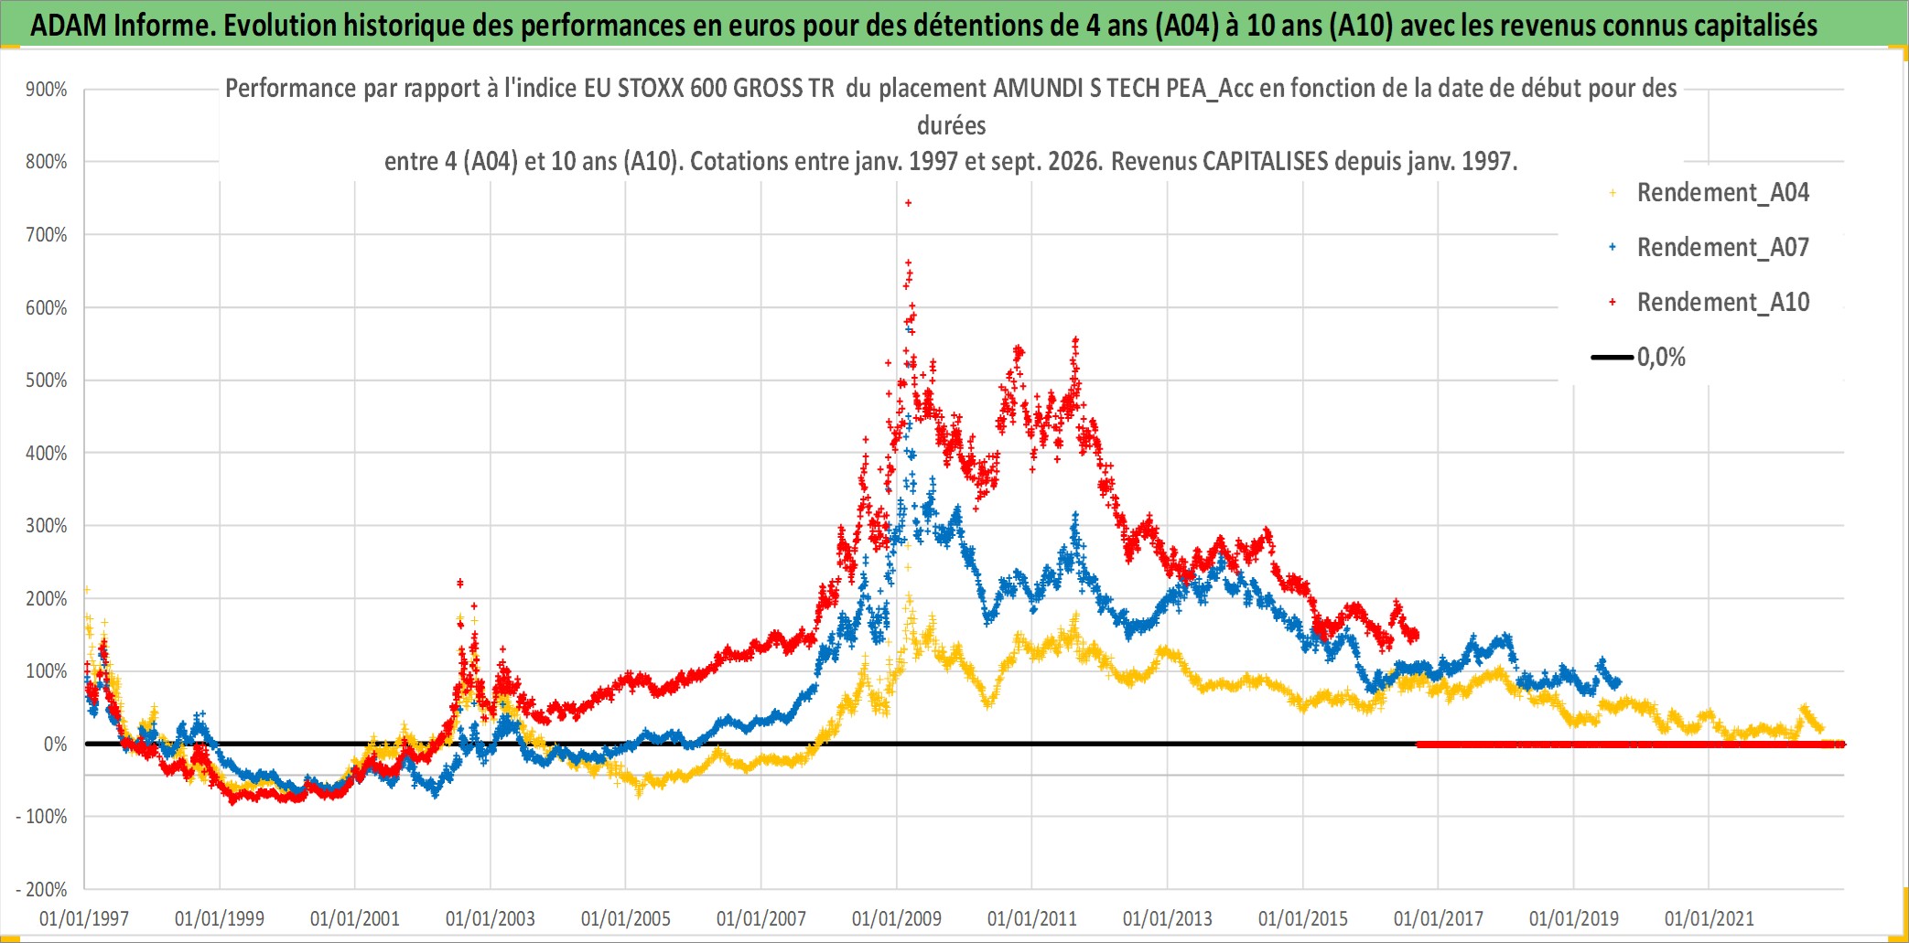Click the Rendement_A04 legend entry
pyautogui.click(x=1709, y=193)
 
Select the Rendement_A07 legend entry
pyautogui.click(x=1709, y=248)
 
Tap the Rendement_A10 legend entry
pyautogui.click(x=1709, y=303)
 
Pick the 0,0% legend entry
pyautogui.click(x=1639, y=358)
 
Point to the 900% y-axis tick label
pyautogui.click(x=47, y=90)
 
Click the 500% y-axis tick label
pyautogui.click(x=47, y=380)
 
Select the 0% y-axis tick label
pyautogui.click(x=55, y=745)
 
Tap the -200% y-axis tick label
pyautogui.click(x=42, y=890)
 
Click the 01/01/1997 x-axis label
pyautogui.click(x=84, y=918)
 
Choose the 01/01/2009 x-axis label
pyautogui.click(x=897, y=918)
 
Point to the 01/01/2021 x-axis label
pyautogui.click(x=1709, y=918)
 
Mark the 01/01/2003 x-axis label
pyautogui.click(x=491, y=918)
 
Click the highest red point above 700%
pyautogui.click(x=908, y=203)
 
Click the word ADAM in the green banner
pyautogui.click(x=69, y=26)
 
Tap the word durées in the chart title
pyautogui.click(x=952, y=125)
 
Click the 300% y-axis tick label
pyautogui.click(x=47, y=526)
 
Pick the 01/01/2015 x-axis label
pyautogui.click(x=1303, y=918)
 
